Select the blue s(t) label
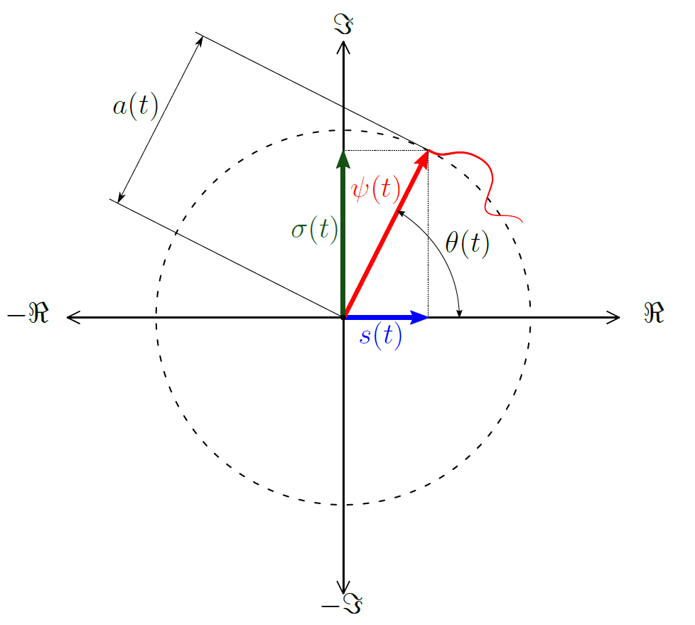click(x=381, y=336)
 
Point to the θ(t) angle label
click(x=467, y=243)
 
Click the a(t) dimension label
click(x=135, y=107)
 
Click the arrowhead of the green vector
click(x=344, y=159)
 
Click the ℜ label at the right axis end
click(x=654, y=314)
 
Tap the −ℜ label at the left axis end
click(x=28, y=315)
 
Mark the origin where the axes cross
click(x=344, y=318)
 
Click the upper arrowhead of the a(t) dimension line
click(x=200, y=40)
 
